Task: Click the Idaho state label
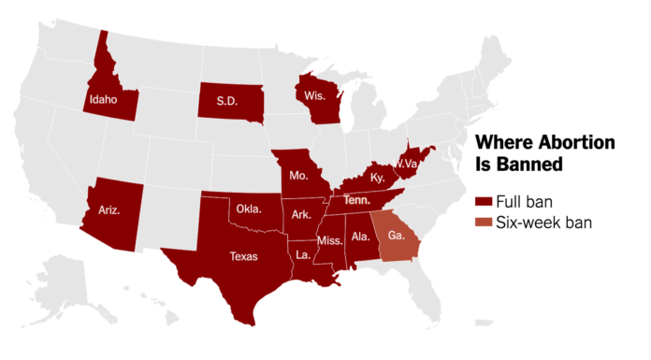[103, 97]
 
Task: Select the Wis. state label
[311, 95]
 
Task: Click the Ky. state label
[377, 177]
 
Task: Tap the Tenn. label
[356, 199]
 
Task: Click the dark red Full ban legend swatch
[484, 203]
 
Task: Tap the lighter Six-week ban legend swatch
[484, 223]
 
